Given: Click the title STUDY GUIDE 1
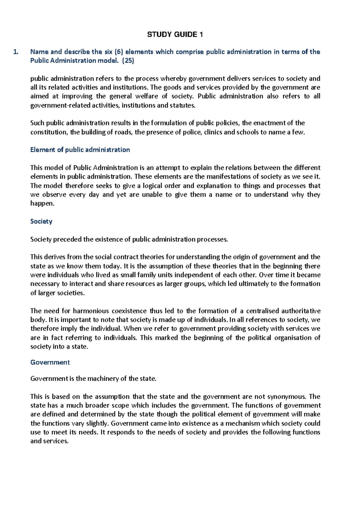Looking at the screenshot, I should point(175,34).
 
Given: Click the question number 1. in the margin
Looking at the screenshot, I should point(16,52).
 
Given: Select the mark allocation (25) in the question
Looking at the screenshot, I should point(128,61).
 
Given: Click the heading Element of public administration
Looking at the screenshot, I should point(80,150).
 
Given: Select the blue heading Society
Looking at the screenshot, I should point(41,221).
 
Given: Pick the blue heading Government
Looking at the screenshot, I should point(50,362).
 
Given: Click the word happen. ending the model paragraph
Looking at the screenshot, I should point(42,203).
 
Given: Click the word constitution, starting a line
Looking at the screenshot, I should point(49,132).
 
